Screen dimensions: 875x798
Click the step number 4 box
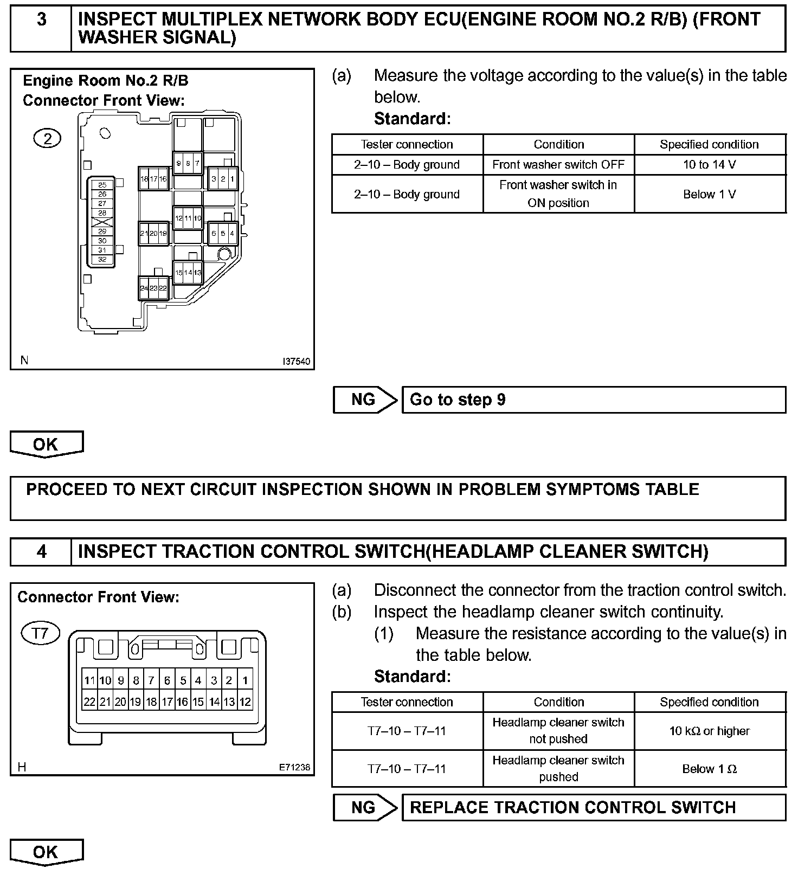pos(41,552)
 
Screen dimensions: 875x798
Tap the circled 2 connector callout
pos(48,139)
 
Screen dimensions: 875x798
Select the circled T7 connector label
pos(40,633)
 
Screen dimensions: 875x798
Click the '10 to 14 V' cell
pos(709,165)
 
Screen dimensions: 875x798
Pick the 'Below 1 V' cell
pos(709,194)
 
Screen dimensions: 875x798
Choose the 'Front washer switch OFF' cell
pos(558,165)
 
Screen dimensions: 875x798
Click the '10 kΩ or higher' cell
pos(709,731)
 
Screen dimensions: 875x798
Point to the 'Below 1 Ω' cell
pos(709,769)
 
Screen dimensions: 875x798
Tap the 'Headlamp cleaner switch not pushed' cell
pos(558,731)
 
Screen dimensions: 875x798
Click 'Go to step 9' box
pos(593,400)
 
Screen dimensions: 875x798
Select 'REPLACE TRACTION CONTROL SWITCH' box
pos(593,807)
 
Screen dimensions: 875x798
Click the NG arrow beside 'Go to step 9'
pos(364,400)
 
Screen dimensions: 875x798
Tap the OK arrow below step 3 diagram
pos(47,444)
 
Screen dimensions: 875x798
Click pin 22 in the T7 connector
pos(89,702)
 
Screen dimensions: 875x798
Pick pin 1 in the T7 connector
pos(245,680)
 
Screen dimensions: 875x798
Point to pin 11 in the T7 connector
pos(89,680)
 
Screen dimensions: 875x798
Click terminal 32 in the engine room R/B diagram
pos(102,260)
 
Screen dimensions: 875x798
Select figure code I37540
pos(297,362)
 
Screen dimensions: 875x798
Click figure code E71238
pos(295,768)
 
